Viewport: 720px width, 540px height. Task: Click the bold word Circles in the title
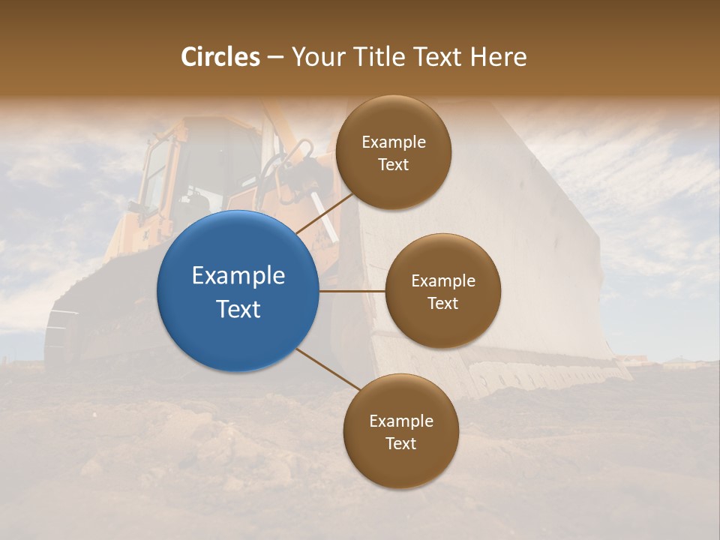pos(220,57)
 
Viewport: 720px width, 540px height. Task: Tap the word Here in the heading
pos(499,57)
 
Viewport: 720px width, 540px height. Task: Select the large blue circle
pos(238,291)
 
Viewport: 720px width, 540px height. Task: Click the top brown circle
pos(393,152)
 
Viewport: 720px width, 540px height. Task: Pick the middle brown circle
pos(442,291)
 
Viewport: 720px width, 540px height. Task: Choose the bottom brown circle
pos(400,431)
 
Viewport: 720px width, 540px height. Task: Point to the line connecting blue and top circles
pos(324,214)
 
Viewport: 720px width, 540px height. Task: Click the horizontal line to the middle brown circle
pos(352,291)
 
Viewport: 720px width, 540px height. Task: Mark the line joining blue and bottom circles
pos(328,370)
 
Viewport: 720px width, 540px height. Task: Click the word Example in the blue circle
pos(238,276)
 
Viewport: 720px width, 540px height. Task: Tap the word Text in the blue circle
pos(238,309)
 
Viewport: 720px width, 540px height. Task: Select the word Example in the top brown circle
pos(393,142)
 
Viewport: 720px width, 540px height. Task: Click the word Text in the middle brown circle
pos(442,303)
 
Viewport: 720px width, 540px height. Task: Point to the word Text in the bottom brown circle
pos(400,443)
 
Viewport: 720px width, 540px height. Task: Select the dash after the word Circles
pos(275,57)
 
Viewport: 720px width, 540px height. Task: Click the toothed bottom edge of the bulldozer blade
pos(540,375)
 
